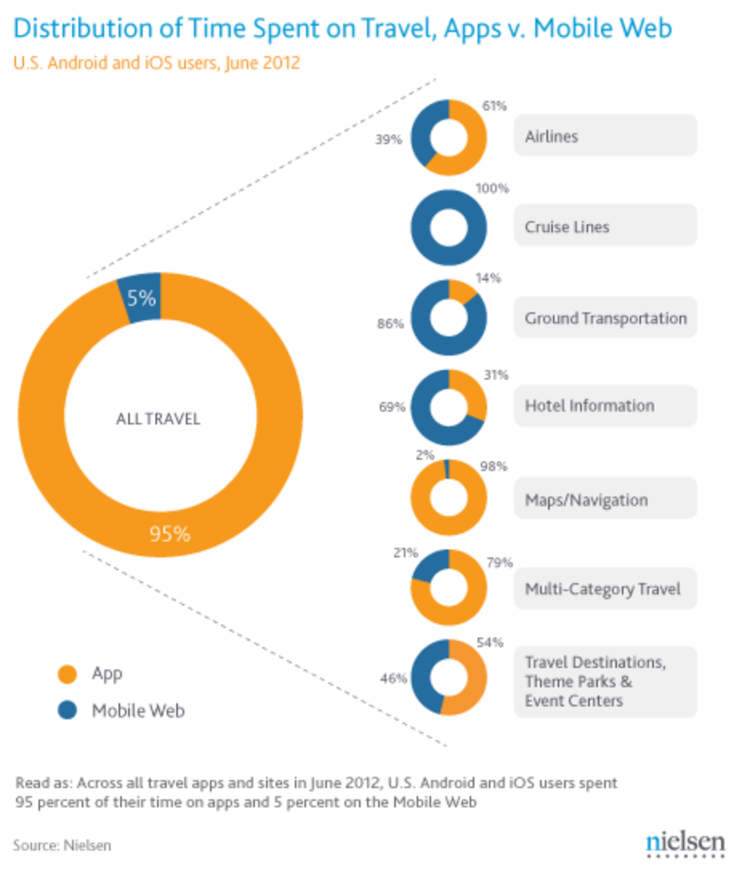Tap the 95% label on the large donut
tap(171, 533)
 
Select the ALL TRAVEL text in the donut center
tap(159, 418)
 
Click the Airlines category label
tap(551, 136)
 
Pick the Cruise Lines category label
tap(567, 227)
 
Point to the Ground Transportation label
tap(606, 318)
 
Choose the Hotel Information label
tap(590, 405)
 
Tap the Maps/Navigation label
tap(587, 500)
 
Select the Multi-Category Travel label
tap(603, 589)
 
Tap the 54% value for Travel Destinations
tap(490, 642)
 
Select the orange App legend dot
tap(68, 674)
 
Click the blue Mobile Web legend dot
tap(68, 710)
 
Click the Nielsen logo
tap(685, 843)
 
